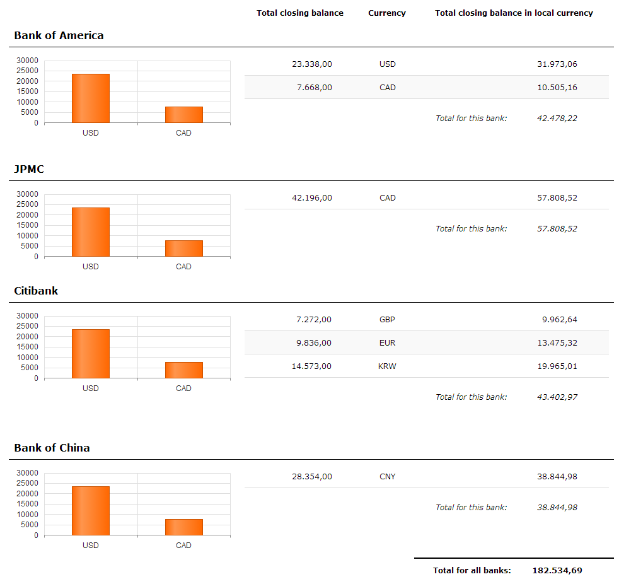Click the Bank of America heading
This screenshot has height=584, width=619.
click(x=59, y=35)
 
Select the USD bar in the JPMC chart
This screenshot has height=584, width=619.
click(x=91, y=232)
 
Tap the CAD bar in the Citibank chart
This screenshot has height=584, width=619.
click(x=184, y=370)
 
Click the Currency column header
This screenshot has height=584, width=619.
click(x=387, y=13)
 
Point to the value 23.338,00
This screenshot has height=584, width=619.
click(x=312, y=64)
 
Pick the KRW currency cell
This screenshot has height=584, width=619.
click(x=387, y=366)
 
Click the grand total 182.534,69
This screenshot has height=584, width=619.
click(x=557, y=570)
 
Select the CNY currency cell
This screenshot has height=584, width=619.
click(x=387, y=476)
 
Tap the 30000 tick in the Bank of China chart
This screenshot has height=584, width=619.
click(x=27, y=472)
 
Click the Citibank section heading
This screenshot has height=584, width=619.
click(x=36, y=291)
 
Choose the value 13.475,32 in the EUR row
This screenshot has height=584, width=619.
click(x=557, y=342)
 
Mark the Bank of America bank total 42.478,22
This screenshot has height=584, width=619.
click(x=557, y=118)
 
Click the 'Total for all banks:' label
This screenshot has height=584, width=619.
click(x=471, y=570)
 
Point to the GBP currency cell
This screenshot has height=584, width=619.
click(x=387, y=320)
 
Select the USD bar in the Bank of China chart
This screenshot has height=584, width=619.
click(x=91, y=511)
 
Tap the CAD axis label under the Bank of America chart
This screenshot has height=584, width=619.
click(x=183, y=133)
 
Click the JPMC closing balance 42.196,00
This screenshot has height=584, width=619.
click(x=312, y=198)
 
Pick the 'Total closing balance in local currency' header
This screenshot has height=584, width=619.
click(x=514, y=13)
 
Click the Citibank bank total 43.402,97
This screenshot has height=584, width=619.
click(x=557, y=397)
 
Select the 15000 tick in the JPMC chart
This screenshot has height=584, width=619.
click(x=27, y=225)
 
